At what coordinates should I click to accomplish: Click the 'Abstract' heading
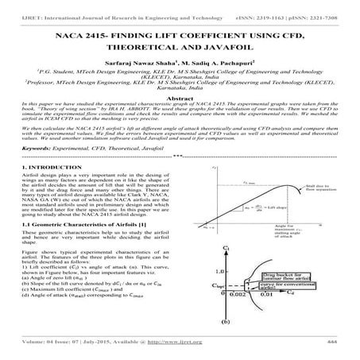pos(180,114)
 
